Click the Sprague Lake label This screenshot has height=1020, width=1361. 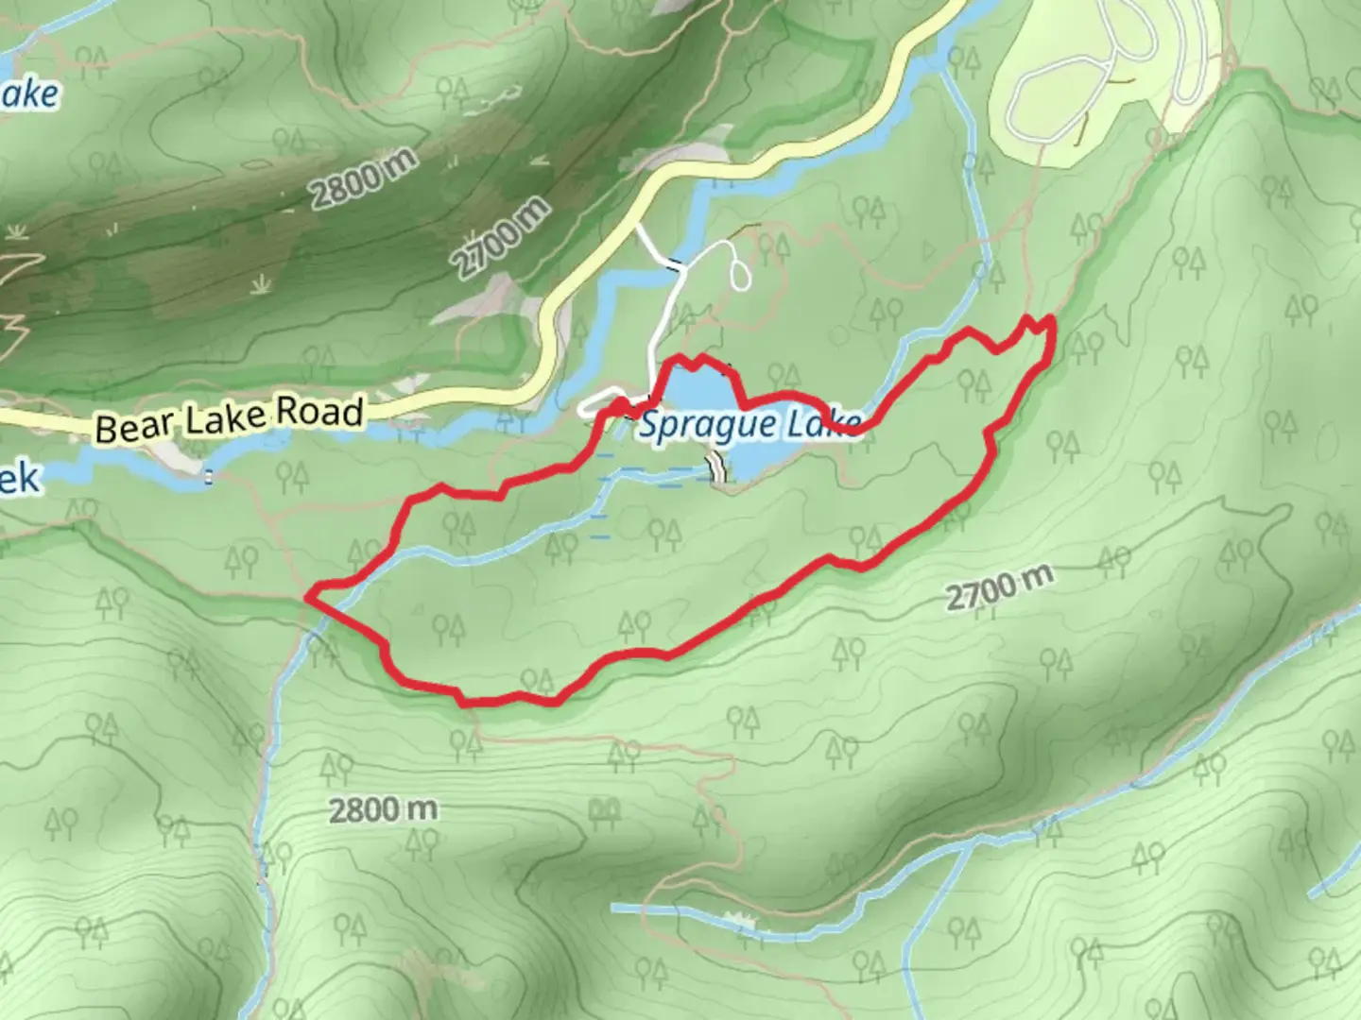tap(749, 425)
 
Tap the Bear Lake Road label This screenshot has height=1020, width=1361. tap(230, 419)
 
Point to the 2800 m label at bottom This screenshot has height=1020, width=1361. tap(383, 810)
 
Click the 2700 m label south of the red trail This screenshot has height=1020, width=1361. tap(998, 588)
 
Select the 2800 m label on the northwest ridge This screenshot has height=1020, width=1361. tap(364, 179)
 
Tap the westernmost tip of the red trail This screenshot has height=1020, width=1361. tap(309, 596)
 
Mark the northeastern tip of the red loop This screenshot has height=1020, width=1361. tap(1051, 321)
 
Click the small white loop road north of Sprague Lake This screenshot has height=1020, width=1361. tap(740, 268)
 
